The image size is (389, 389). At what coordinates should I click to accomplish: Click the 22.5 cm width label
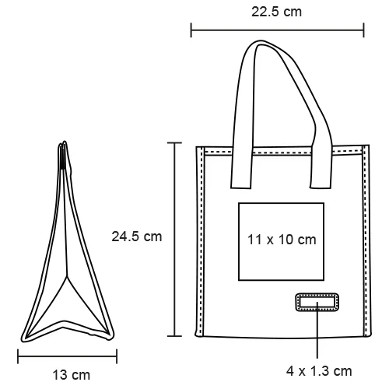(277, 12)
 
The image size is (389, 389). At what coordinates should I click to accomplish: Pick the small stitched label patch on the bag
(317, 303)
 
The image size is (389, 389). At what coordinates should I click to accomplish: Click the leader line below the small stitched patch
(317, 335)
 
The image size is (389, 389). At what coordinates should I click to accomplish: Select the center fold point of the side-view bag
(67, 276)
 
